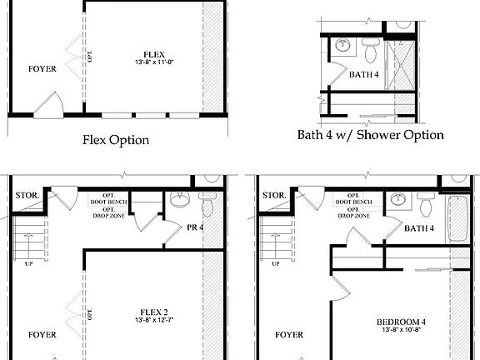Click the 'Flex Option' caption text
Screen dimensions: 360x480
[x=116, y=139]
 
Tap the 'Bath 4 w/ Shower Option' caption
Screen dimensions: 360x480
[x=370, y=135]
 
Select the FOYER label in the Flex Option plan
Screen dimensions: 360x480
[x=42, y=69]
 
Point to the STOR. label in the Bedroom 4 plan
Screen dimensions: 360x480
[x=272, y=197]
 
